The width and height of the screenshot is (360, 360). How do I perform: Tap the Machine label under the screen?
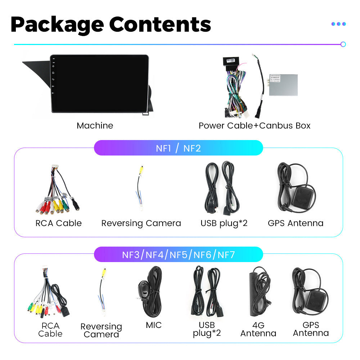[x=95, y=126]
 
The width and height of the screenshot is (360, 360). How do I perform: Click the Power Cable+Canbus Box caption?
[x=254, y=126]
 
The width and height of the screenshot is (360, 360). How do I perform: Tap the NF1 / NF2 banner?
[x=178, y=148]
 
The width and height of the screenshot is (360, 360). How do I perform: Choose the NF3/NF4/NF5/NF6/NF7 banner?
[x=178, y=255]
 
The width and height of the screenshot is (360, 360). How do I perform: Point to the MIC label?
[x=154, y=325]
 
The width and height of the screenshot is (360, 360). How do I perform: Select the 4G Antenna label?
[x=258, y=329]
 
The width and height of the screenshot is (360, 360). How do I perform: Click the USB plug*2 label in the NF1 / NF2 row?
[x=224, y=223]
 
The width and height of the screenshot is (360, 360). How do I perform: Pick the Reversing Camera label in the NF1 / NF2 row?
[x=141, y=223]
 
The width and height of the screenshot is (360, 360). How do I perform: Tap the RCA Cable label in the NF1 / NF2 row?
[x=58, y=223]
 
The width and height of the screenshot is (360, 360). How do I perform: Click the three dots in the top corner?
[x=338, y=24]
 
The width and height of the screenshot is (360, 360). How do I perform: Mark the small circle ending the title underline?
[x=343, y=44]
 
